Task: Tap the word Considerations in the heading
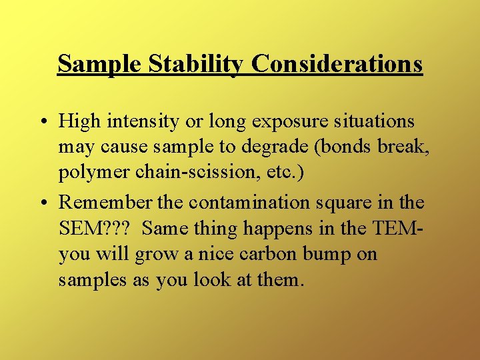[337, 63]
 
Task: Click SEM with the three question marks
[95, 229]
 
